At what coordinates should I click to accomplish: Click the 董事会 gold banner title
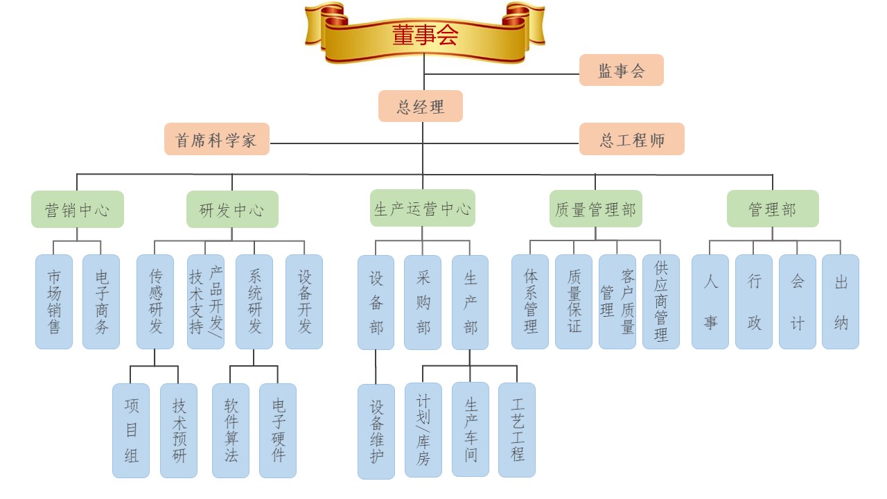click(x=425, y=35)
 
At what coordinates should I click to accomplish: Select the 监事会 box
click(x=621, y=70)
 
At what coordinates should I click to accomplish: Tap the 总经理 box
click(x=420, y=106)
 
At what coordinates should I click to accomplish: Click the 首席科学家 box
click(x=216, y=139)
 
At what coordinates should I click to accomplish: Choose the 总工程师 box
click(x=631, y=139)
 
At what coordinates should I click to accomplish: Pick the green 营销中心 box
click(x=78, y=209)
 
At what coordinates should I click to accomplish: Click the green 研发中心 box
click(x=232, y=209)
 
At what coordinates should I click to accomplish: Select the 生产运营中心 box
click(x=422, y=208)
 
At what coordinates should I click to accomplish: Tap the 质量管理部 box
click(x=595, y=209)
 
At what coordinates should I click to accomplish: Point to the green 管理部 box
click(x=772, y=209)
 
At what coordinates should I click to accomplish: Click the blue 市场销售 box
click(x=54, y=301)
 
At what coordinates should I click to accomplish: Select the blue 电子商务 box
click(x=101, y=301)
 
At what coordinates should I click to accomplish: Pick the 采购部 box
click(x=423, y=302)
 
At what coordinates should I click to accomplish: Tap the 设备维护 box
click(x=376, y=431)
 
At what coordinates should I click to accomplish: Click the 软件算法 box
click(x=231, y=430)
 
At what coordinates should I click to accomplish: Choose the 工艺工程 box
click(x=517, y=430)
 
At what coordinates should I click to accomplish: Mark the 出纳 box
click(x=841, y=301)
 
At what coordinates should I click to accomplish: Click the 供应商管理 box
click(x=661, y=301)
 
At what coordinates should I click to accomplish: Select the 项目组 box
click(x=131, y=430)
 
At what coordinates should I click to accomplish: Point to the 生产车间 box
click(x=471, y=429)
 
